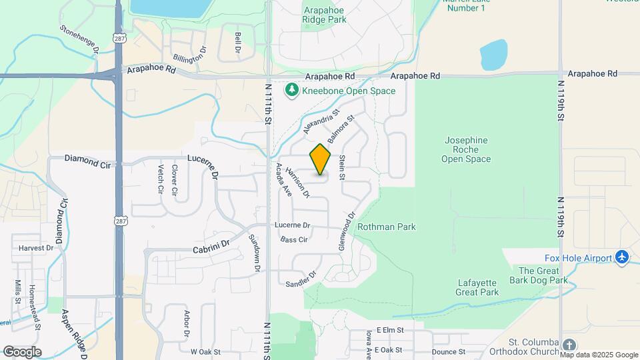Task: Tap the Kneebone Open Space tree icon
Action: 291,90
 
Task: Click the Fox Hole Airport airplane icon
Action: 622,257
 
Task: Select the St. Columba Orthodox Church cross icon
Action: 569,345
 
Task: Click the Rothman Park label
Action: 387,227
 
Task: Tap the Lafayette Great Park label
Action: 478,287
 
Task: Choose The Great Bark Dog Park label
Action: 543,275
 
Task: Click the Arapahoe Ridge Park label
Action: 325,15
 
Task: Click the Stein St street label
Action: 342,167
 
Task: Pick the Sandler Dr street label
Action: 301,280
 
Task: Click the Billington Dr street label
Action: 190,53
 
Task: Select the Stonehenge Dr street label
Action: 79,39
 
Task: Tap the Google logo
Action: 22,352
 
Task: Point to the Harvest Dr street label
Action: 36,248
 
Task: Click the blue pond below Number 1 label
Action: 493,55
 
